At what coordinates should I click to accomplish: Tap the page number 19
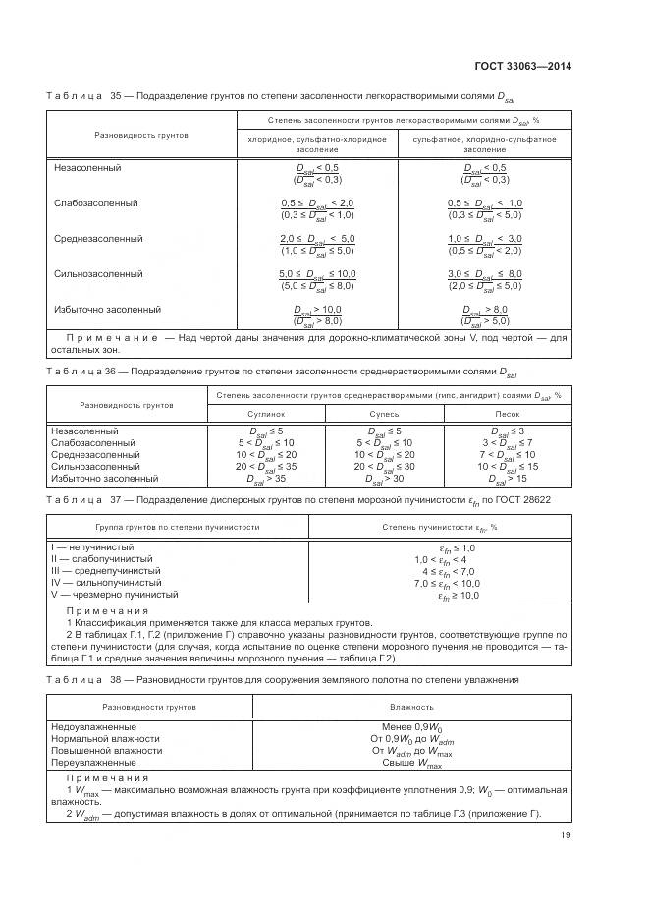[x=566, y=835]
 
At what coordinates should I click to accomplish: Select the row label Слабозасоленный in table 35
[x=95, y=203]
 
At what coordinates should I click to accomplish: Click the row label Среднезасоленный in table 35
[x=98, y=239]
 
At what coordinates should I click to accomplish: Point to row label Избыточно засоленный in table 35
[x=107, y=310]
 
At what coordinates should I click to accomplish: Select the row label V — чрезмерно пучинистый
[x=114, y=595]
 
